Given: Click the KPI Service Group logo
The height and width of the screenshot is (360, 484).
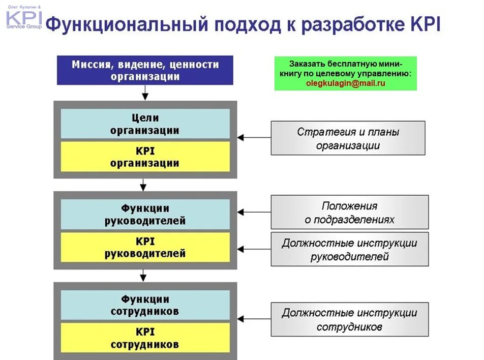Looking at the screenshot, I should (24, 17).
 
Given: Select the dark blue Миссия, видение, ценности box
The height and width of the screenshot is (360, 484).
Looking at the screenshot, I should (145, 70).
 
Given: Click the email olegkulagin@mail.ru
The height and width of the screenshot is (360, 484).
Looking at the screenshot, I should (345, 83).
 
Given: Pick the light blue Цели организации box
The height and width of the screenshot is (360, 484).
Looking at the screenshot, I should (145, 124).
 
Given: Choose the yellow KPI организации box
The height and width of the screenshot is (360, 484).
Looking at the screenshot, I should (145, 157).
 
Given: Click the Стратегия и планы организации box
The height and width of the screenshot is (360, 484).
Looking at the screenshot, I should (348, 138).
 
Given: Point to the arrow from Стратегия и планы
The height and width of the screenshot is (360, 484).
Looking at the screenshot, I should (254, 137).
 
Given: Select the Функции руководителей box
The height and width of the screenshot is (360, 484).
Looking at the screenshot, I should (145, 214).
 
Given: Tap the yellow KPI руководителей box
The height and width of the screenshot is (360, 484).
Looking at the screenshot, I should (145, 247).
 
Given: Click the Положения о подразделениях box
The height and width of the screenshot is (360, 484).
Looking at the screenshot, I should (349, 212).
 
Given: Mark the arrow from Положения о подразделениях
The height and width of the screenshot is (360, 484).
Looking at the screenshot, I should (254, 212).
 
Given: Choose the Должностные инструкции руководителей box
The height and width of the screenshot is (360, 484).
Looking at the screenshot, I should (349, 249).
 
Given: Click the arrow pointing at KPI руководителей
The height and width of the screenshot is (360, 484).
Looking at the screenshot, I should (254, 249).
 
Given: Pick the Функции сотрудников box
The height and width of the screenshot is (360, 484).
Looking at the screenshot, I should (145, 305).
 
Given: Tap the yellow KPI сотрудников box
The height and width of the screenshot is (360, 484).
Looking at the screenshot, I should (145, 338).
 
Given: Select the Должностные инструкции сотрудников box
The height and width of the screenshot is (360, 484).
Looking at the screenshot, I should (349, 319).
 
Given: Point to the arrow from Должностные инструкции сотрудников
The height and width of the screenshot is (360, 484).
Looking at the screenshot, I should (254, 319).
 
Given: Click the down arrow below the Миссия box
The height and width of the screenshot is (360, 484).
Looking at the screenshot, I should (145, 93).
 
